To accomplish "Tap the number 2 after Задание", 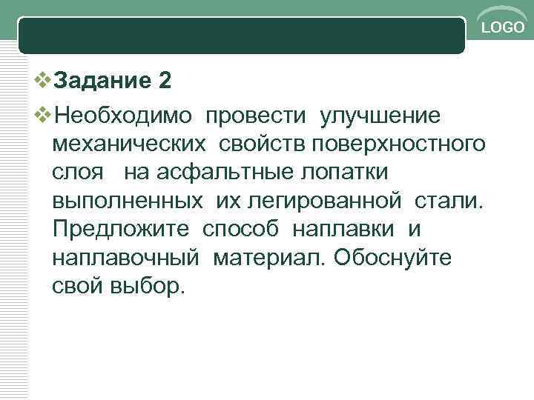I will (165, 81).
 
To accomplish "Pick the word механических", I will (127, 143).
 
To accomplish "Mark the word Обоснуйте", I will (398, 256).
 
